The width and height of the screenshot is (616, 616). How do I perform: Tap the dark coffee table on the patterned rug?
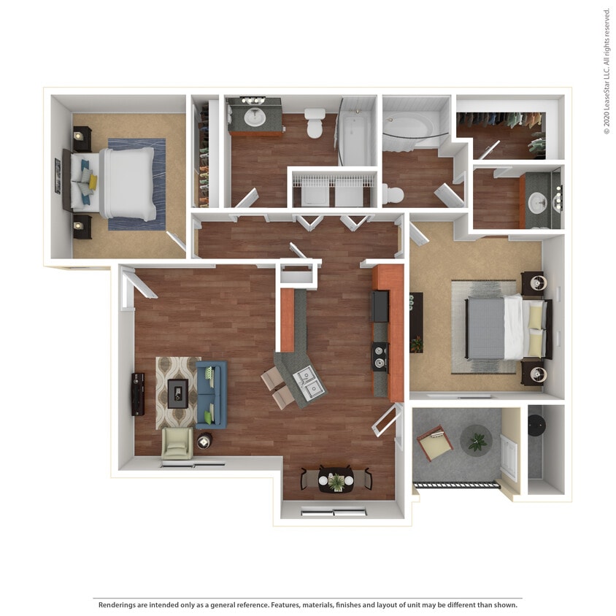177,393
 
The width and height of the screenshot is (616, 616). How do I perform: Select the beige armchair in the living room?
177,442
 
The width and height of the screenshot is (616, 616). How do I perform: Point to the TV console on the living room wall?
138,394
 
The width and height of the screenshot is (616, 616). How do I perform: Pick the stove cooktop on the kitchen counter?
380,357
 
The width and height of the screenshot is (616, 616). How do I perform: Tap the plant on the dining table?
336,481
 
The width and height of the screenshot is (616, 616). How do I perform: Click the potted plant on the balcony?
476,441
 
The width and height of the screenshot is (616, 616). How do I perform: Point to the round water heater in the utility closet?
537,425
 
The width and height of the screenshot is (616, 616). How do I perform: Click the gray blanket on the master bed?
485,329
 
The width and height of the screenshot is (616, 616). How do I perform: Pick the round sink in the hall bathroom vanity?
255,118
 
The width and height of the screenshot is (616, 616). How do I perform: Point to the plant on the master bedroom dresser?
416,343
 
